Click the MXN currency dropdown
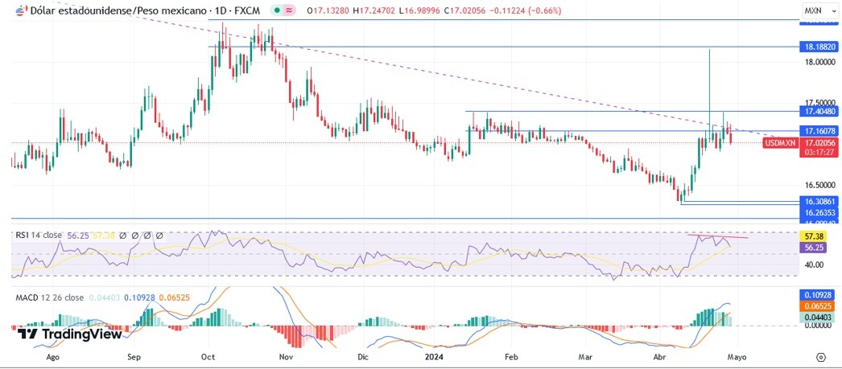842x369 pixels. (x=817, y=10)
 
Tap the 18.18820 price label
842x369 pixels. (x=819, y=47)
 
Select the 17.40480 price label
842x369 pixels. (x=819, y=111)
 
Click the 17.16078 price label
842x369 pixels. (x=819, y=130)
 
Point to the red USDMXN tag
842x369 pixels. (x=779, y=142)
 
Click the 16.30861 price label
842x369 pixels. (x=819, y=201)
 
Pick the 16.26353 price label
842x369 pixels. (x=819, y=212)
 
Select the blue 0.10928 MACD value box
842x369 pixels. (x=819, y=295)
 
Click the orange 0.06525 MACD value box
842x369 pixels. (x=819, y=306)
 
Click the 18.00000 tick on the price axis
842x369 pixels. (x=819, y=62)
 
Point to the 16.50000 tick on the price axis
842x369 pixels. (x=819, y=185)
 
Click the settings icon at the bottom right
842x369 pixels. (x=820, y=356)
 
